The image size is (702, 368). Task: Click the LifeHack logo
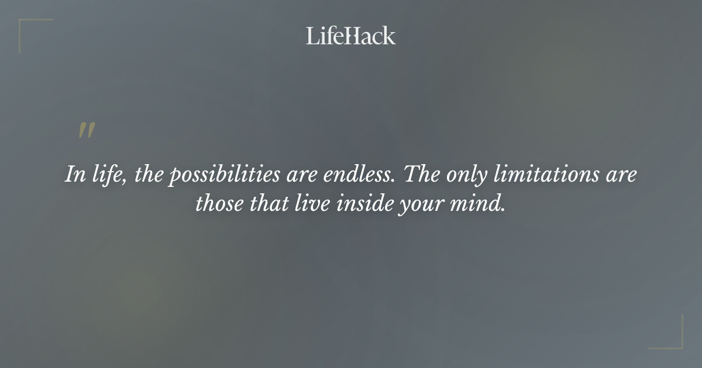tap(351, 36)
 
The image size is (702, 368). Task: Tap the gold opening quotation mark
tap(87, 131)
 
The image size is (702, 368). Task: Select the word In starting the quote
tap(73, 175)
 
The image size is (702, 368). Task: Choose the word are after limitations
tap(620, 175)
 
